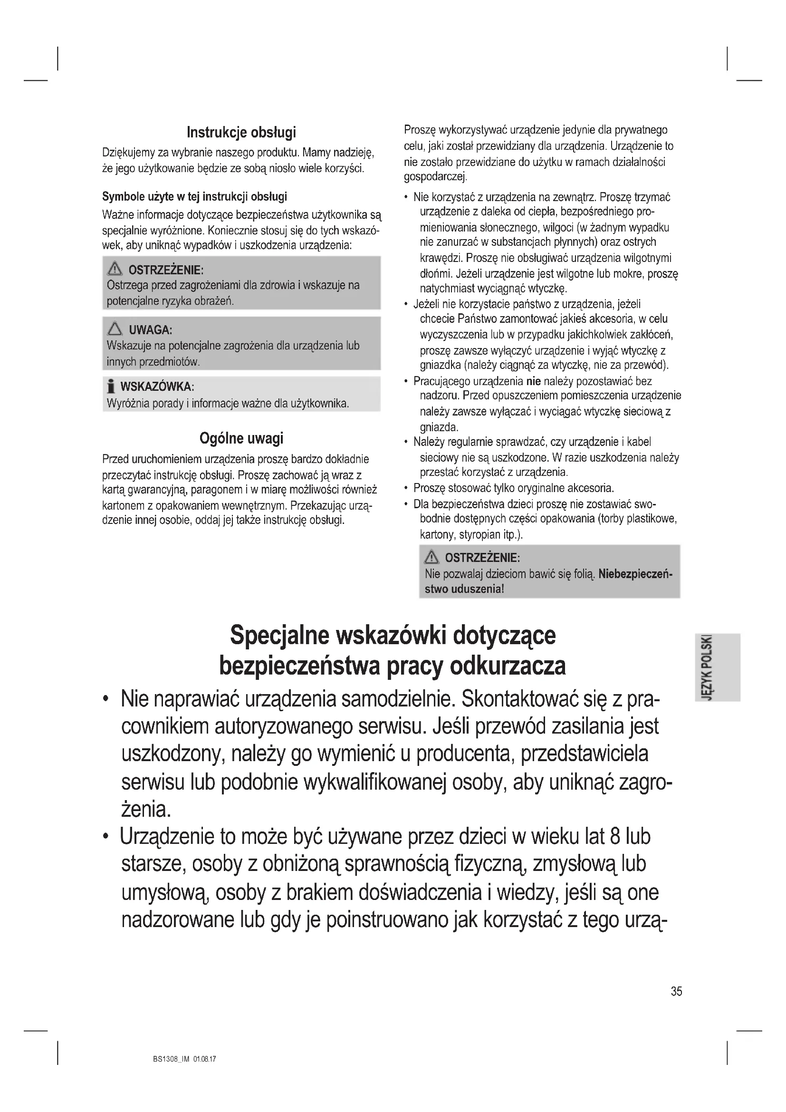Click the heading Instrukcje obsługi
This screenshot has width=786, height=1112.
coord(241,132)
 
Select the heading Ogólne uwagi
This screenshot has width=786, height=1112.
coord(241,438)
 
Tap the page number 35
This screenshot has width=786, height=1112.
coord(676,991)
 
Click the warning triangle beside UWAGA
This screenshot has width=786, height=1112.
coord(115,329)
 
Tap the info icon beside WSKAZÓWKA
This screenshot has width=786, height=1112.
coord(111,387)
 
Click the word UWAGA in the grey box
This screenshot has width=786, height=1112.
coord(151,330)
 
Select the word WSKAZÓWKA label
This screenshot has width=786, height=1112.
coord(157,387)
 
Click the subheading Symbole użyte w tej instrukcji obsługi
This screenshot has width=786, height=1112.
coord(194,197)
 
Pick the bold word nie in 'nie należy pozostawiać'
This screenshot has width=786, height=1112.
coord(533,381)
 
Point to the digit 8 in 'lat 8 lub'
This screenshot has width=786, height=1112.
coord(615,836)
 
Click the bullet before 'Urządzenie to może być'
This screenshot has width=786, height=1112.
coord(105,837)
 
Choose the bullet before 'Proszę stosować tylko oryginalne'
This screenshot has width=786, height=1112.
coord(405,488)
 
